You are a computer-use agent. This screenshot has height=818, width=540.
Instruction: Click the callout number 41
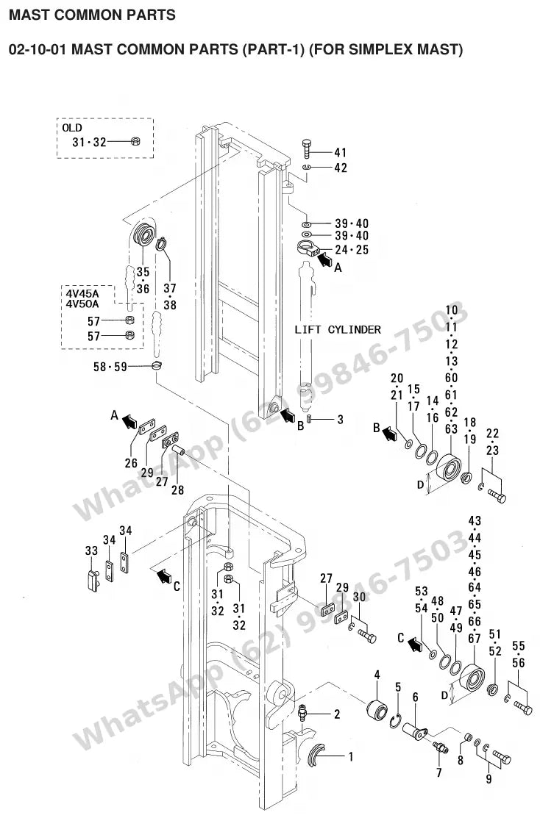pyautogui.click(x=340, y=152)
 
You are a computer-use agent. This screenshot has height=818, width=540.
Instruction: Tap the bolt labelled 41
pyautogui.click(x=307, y=148)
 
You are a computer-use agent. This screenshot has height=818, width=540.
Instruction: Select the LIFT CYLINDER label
pyautogui.click(x=338, y=330)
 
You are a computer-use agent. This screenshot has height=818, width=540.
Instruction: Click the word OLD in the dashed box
pyautogui.click(x=72, y=128)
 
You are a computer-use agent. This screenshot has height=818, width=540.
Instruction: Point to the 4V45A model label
pyautogui.click(x=82, y=293)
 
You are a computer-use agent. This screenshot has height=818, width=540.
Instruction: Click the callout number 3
pyautogui.click(x=340, y=420)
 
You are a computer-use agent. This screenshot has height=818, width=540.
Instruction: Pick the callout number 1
pyautogui.click(x=350, y=756)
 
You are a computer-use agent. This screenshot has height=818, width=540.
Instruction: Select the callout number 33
pyautogui.click(x=91, y=551)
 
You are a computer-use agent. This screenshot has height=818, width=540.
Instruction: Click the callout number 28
pyautogui.click(x=177, y=490)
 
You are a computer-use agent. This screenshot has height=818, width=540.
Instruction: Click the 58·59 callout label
pyautogui.click(x=110, y=367)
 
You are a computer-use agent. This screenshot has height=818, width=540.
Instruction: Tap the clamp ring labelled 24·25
pyautogui.click(x=308, y=248)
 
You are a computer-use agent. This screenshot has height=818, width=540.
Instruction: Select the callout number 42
pyautogui.click(x=340, y=168)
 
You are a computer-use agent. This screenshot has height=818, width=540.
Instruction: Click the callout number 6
pyautogui.click(x=415, y=697)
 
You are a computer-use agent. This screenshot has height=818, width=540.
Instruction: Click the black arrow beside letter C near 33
pyautogui.click(x=163, y=575)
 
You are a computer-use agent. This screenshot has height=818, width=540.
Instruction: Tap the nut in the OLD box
pyautogui.click(x=135, y=141)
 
